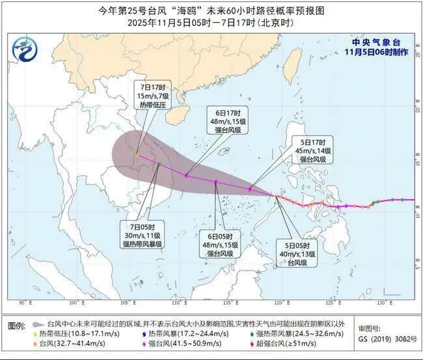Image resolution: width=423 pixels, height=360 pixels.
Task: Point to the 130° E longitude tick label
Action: point(383,303)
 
